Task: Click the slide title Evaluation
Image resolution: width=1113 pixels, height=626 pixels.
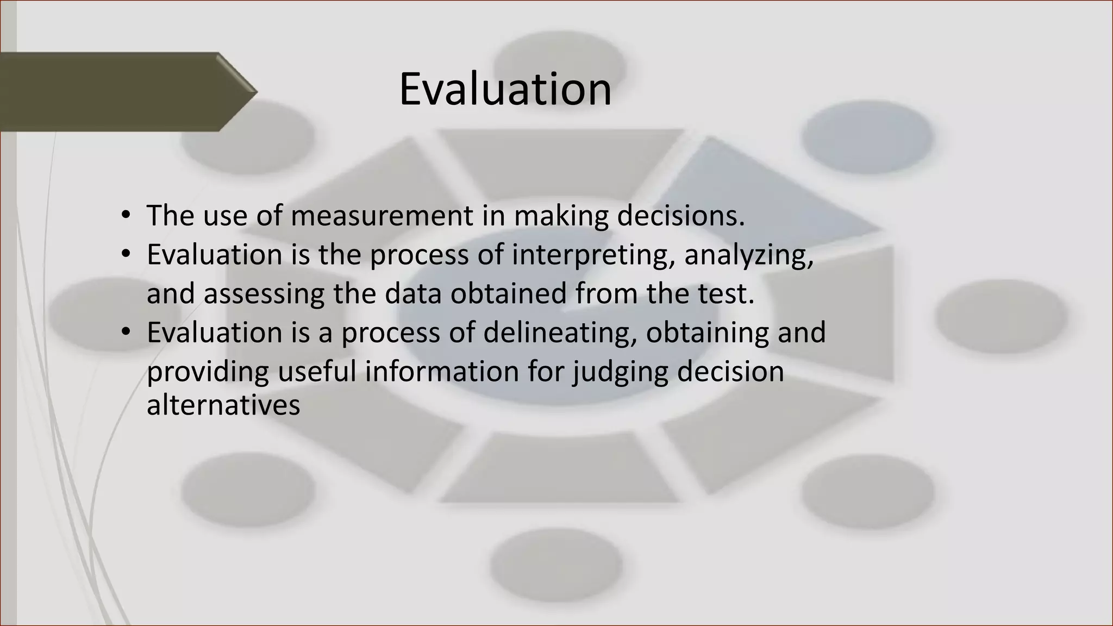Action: pos(505,89)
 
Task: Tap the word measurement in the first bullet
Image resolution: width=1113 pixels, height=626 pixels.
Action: pos(382,216)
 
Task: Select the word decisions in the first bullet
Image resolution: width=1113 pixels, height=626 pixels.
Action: pos(680,216)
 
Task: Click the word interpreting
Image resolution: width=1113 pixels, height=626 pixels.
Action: pos(589,255)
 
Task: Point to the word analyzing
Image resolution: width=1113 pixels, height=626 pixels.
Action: pos(748,255)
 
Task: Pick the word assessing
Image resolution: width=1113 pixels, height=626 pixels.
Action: pos(264,294)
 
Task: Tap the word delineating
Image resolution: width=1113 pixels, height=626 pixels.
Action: pos(560,333)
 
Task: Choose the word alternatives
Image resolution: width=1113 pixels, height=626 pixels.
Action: pos(223,405)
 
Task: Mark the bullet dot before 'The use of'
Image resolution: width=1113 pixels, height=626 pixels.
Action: pos(126,216)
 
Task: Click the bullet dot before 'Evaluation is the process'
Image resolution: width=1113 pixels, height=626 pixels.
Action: pos(126,255)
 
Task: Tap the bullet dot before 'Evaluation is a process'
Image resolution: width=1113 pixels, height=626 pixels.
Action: pos(126,332)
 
